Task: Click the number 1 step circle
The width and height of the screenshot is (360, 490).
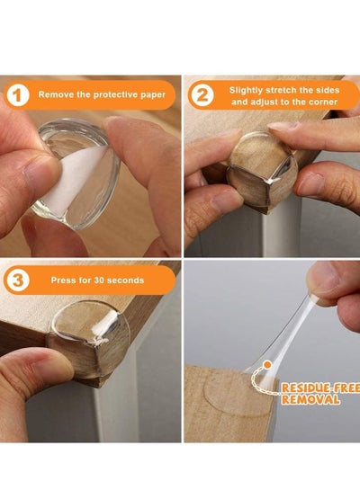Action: point(17,95)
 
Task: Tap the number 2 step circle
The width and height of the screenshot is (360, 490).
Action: point(202,95)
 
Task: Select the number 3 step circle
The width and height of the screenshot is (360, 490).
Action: point(17,281)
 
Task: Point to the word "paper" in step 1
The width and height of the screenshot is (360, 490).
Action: point(153,95)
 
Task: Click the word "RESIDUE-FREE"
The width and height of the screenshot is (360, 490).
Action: point(320,388)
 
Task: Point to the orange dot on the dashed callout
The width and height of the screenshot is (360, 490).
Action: point(267,364)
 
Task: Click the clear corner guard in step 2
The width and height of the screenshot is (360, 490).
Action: point(262,169)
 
